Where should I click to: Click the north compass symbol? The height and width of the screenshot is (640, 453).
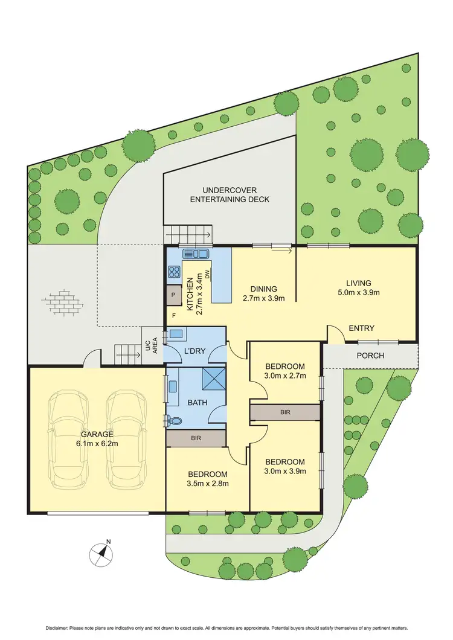(x=102, y=552)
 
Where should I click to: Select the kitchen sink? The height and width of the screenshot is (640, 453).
(x=196, y=254)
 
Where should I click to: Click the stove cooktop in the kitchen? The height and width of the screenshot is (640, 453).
(x=173, y=272)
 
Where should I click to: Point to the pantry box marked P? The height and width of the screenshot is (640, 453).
(x=173, y=295)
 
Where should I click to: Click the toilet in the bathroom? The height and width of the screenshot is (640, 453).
(x=174, y=420)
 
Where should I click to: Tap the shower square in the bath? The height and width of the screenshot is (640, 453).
(x=213, y=380)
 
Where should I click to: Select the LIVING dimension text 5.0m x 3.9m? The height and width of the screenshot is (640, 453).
(x=358, y=293)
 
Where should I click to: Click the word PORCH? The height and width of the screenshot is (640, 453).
(x=370, y=355)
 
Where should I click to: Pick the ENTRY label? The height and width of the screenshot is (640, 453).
(x=361, y=328)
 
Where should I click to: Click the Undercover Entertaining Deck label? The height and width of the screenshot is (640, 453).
(x=230, y=194)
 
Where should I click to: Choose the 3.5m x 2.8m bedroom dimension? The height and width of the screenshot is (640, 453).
(x=207, y=483)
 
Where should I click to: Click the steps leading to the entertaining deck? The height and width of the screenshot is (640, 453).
(x=188, y=234)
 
